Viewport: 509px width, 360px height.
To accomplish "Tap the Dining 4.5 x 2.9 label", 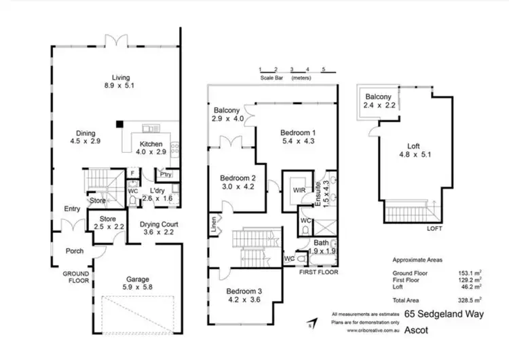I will point(85,138).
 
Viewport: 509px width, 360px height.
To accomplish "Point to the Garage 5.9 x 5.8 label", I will point(138,283).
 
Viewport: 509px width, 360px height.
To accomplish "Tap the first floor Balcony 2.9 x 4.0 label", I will point(227,115).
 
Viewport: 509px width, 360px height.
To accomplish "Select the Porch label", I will point(74,251).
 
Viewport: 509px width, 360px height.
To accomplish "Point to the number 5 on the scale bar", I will point(324,70).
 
